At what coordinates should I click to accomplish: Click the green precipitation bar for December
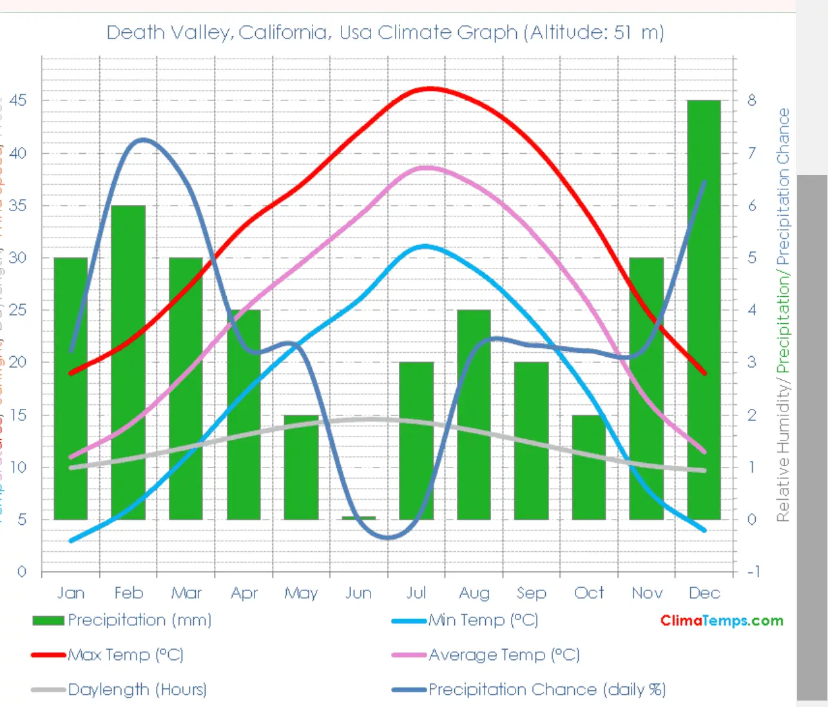pos(704,309)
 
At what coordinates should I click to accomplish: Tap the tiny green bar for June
pos(359,518)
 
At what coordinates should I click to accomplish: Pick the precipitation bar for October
pos(589,467)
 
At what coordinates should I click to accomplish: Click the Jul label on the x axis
pos(416,592)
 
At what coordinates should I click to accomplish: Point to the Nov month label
pos(647,592)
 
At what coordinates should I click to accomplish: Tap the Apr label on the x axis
pos(244,592)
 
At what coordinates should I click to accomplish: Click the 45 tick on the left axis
pos(18,100)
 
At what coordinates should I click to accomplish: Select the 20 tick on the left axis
pos(18,362)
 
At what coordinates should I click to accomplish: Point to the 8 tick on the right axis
pos(751,100)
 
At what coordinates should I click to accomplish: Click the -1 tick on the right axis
pos(752,571)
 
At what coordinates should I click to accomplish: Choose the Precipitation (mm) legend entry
pos(139,620)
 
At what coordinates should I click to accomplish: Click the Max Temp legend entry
pos(126,655)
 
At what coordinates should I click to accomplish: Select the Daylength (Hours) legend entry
pos(137,690)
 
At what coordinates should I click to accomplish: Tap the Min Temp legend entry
pos(483,620)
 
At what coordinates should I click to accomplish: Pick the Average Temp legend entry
pos(504,655)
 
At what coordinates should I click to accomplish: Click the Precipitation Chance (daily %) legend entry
pos(546,690)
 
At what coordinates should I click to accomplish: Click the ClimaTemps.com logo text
pos(722,621)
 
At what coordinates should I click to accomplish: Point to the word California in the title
pos(282,32)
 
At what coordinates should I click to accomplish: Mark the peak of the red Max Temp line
pos(430,88)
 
